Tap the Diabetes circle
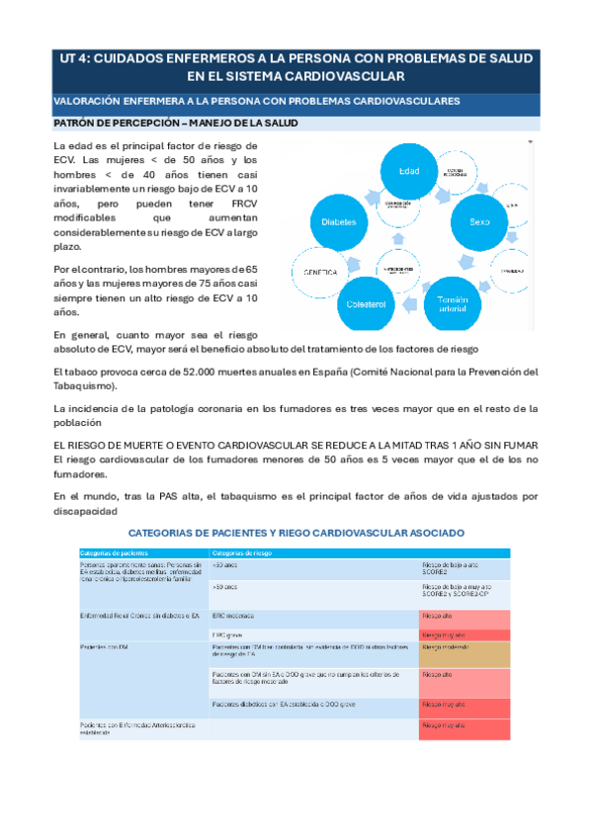tap(339, 223)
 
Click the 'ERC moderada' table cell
tap(233, 616)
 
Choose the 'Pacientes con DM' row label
tap(102, 647)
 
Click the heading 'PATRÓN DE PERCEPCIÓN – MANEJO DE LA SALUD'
tap(174, 124)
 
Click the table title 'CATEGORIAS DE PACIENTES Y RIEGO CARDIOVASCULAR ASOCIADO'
tap(296, 533)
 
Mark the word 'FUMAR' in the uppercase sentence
tap(517, 445)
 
